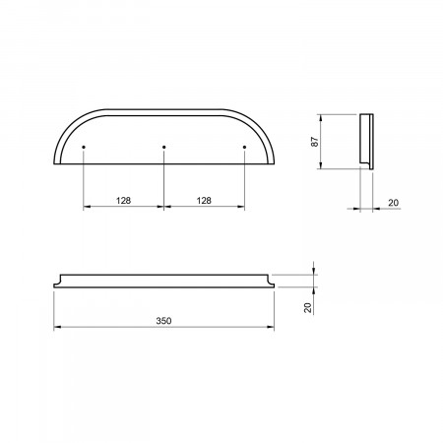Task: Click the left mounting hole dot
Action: click(84, 147)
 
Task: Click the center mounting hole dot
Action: click(164, 147)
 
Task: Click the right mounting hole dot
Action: click(244, 147)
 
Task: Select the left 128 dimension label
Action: click(123, 200)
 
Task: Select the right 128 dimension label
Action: click(204, 200)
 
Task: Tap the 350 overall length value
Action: click(163, 321)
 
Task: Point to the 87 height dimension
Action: click(315, 142)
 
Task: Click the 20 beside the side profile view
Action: click(393, 203)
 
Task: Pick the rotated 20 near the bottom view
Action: click(308, 307)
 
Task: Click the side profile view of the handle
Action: click(366, 142)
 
